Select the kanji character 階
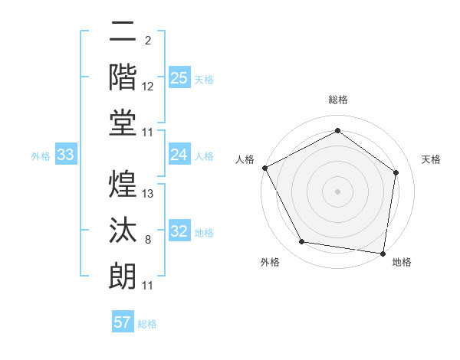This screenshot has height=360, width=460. click(x=123, y=77)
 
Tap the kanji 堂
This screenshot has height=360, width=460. click(x=123, y=123)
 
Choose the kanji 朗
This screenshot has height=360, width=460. click(x=123, y=275)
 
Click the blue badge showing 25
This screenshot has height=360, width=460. click(x=179, y=77)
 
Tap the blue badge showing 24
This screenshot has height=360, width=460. click(x=179, y=155)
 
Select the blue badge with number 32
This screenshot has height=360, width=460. click(x=179, y=231)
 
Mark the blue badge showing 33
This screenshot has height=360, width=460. click(x=65, y=155)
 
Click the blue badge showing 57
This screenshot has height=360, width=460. click(x=123, y=322)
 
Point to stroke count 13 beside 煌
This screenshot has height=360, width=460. click(x=149, y=194)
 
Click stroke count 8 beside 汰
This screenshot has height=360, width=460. click(x=147, y=241)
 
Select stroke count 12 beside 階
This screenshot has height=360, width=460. click(x=148, y=87)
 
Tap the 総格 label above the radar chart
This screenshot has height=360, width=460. click(x=337, y=100)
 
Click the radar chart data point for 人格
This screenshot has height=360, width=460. click(x=264, y=168)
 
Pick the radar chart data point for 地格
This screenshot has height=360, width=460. click(x=383, y=253)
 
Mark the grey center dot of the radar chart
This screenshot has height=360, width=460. click(x=337, y=191)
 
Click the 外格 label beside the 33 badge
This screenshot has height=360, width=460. click(x=41, y=156)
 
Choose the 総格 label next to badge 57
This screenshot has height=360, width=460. click(x=147, y=324)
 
